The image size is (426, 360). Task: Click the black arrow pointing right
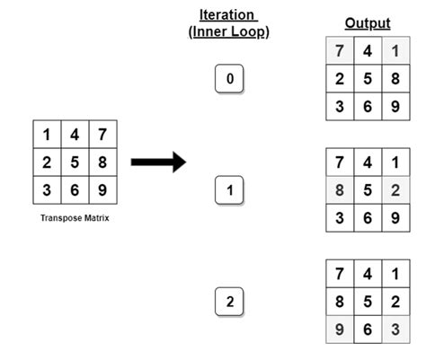tap(158, 162)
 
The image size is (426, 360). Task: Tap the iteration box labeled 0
tap(229, 80)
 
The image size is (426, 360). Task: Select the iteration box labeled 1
tap(229, 191)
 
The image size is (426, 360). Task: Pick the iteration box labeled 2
tap(229, 302)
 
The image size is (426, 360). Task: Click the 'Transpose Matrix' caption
tap(75, 217)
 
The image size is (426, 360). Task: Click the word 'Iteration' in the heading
tap(228, 14)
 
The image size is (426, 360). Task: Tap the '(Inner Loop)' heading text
tap(229, 32)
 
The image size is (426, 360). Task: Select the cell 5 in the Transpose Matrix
tap(75, 163)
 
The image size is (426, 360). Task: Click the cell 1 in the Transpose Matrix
tap(47, 136)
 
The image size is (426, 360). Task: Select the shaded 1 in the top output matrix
tap(395, 51)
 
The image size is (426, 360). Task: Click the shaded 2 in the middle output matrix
tap(395, 190)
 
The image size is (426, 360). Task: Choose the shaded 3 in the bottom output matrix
tap(395, 329)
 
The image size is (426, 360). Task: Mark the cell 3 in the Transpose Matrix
tap(47, 190)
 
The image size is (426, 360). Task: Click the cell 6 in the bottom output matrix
tap(366, 329)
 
